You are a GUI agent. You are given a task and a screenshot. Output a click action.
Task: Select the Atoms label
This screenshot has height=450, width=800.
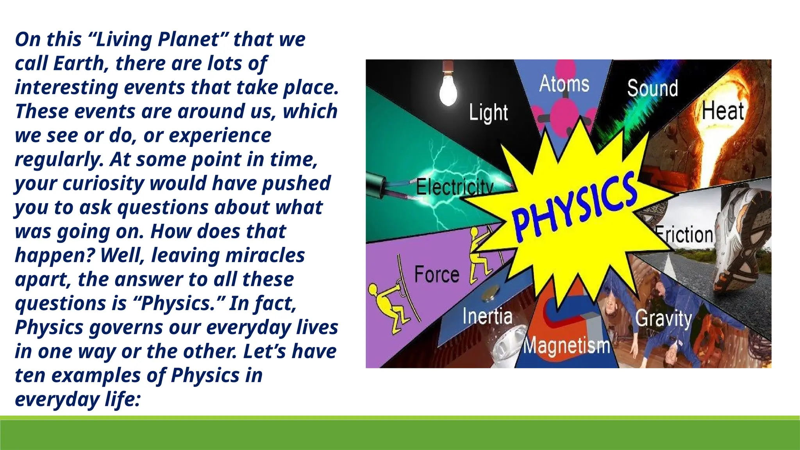pos(564,84)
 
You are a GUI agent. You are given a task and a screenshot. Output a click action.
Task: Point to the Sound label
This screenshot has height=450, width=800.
pos(652,88)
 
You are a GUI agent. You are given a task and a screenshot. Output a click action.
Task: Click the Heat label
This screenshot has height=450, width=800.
pos(723,111)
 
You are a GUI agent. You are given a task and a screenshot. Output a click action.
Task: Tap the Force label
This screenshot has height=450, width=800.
pos(436,274)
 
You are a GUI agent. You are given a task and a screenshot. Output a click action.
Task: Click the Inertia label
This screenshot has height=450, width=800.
pos(487,316)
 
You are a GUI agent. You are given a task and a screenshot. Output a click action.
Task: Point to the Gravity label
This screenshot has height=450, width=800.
pos(663,318)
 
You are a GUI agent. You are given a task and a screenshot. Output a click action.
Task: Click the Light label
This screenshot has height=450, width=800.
pos(488,113)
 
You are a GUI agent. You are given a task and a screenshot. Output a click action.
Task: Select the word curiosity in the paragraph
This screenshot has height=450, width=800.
pos(103,183)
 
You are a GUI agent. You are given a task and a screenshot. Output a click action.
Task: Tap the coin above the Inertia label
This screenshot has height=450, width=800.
pos(489,293)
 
